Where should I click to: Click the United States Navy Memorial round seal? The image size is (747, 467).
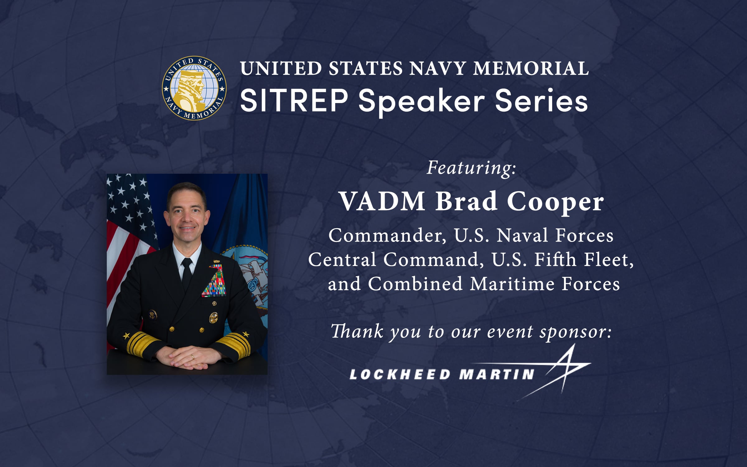coord(194,88)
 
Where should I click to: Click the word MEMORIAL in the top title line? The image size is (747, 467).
coord(531,68)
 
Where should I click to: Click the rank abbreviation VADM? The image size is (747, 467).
coord(383,202)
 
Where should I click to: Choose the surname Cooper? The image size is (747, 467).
coord(555,202)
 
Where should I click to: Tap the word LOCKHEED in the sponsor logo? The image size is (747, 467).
coord(400,374)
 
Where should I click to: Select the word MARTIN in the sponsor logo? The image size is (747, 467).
coord(497,374)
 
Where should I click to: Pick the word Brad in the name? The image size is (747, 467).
coord(466,202)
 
